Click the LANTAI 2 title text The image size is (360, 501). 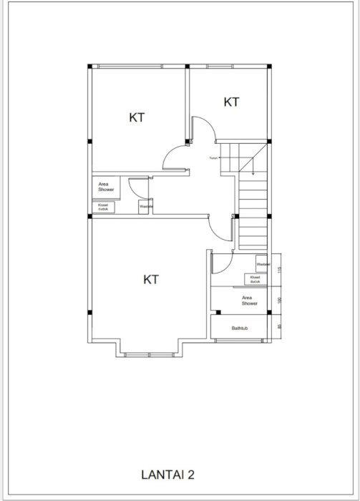[168, 473]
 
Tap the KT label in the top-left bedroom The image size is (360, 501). [137, 117]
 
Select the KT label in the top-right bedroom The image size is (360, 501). [231, 102]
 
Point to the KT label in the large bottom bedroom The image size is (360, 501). [150, 279]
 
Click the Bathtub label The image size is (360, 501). [239, 329]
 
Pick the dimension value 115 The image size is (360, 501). [280, 270]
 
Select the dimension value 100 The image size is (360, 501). [280, 300]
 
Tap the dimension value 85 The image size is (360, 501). [280, 327]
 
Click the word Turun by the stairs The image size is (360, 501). [213, 158]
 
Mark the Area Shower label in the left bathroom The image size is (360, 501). [106, 187]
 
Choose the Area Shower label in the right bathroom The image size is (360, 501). [249, 301]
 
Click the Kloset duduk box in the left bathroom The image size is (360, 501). [101, 207]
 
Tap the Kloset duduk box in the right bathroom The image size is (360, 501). [256, 279]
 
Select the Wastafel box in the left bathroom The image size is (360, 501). [145, 207]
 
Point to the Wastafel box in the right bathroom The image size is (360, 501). [262, 264]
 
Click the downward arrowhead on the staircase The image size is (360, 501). [253, 172]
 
